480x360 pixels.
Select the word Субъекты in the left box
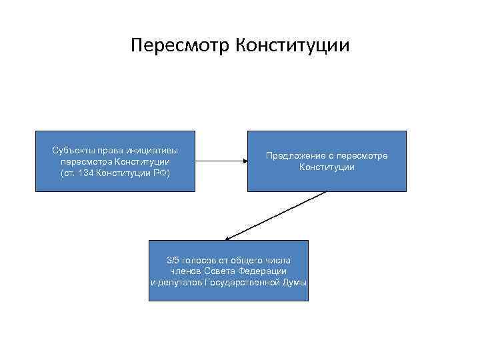coord(71,150)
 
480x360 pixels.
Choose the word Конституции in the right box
coord(327,167)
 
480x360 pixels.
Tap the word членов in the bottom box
coord(184,271)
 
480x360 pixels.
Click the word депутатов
coord(179,282)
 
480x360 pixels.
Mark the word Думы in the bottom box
coord(295,282)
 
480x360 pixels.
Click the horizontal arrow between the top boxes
coord(221,161)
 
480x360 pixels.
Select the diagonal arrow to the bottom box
coord(277,215)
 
